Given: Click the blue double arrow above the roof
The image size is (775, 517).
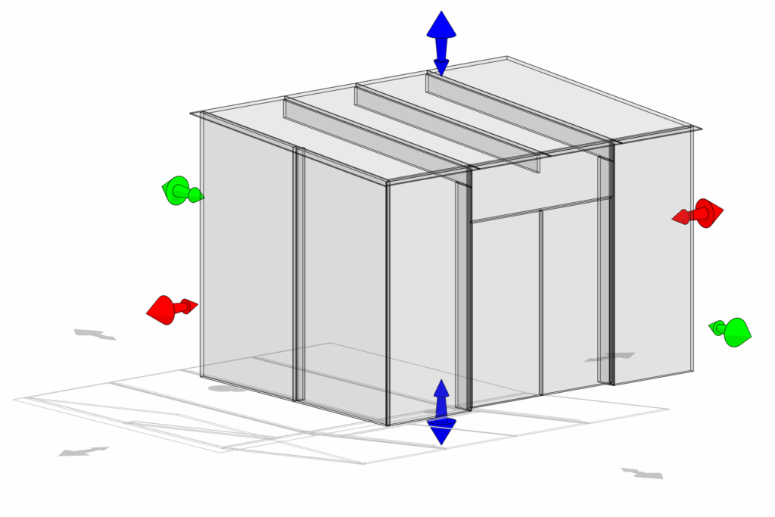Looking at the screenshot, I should (x=441, y=42).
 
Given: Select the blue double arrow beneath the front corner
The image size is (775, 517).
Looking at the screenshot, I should (x=441, y=413).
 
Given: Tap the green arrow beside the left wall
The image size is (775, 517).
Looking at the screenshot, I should (x=181, y=191).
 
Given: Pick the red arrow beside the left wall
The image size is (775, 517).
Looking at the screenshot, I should (x=170, y=308).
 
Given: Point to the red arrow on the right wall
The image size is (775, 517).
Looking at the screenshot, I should (x=700, y=214).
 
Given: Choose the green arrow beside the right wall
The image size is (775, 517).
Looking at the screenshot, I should (x=731, y=331).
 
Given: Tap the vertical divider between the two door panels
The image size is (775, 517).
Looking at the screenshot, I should (x=541, y=303).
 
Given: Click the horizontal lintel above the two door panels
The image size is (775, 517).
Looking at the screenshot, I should (x=541, y=210).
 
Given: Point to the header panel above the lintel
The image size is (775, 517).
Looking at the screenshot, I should (x=541, y=185).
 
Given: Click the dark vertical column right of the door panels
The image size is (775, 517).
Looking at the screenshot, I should (x=611, y=265).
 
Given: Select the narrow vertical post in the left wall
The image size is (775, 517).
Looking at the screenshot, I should (x=299, y=273).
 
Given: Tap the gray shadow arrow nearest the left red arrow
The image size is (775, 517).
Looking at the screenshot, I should (x=95, y=334).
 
